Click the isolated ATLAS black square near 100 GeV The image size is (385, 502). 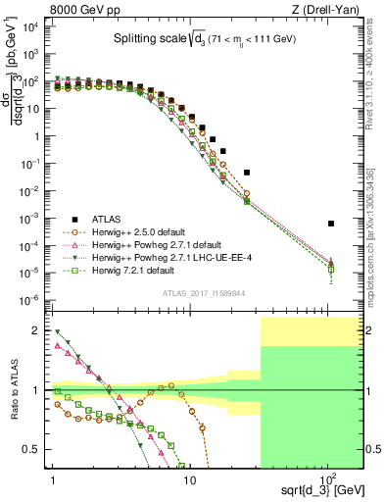coord(331,224)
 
